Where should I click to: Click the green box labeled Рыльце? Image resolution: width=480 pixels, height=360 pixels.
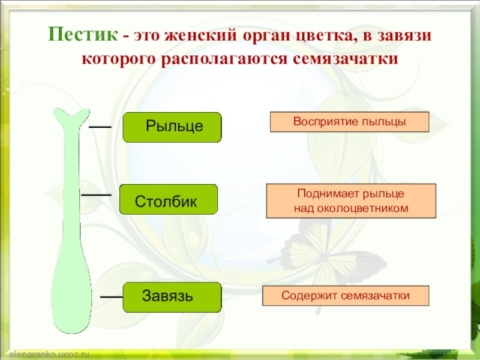tap(172, 127)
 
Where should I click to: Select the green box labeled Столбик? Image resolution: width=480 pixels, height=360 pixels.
tap(168, 199)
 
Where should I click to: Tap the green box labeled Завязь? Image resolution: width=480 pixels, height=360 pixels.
tap(172, 297)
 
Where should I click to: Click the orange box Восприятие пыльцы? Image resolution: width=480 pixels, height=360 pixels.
tap(349, 122)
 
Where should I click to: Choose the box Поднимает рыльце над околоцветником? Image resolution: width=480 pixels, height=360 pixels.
tap(351, 201)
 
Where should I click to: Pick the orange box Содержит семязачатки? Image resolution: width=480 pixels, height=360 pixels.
tap(346, 296)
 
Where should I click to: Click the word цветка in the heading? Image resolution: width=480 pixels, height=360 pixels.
tap(321, 36)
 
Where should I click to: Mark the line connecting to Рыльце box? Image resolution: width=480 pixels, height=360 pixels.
tap(100, 127)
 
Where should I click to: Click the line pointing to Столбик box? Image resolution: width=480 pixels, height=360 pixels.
tap(96, 195)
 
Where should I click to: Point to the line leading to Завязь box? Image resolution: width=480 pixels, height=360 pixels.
tap(111, 296)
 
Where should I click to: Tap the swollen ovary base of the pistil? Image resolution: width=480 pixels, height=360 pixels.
tap(71, 294)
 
